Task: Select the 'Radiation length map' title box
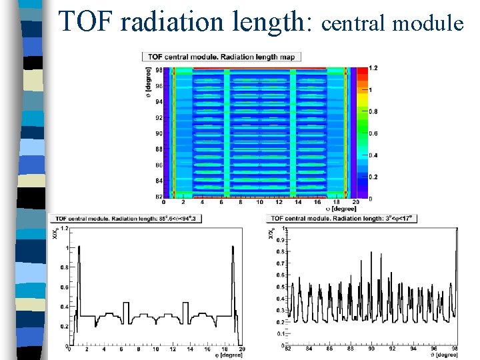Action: point(221,57)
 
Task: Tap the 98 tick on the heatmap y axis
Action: point(159,69)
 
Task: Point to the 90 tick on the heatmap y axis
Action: point(159,133)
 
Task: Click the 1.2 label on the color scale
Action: point(374,68)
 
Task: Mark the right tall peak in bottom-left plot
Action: point(233,248)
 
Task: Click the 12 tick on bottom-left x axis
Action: point(173,349)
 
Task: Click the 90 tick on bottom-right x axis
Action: point(372,349)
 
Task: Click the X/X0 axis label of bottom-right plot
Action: point(271,233)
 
